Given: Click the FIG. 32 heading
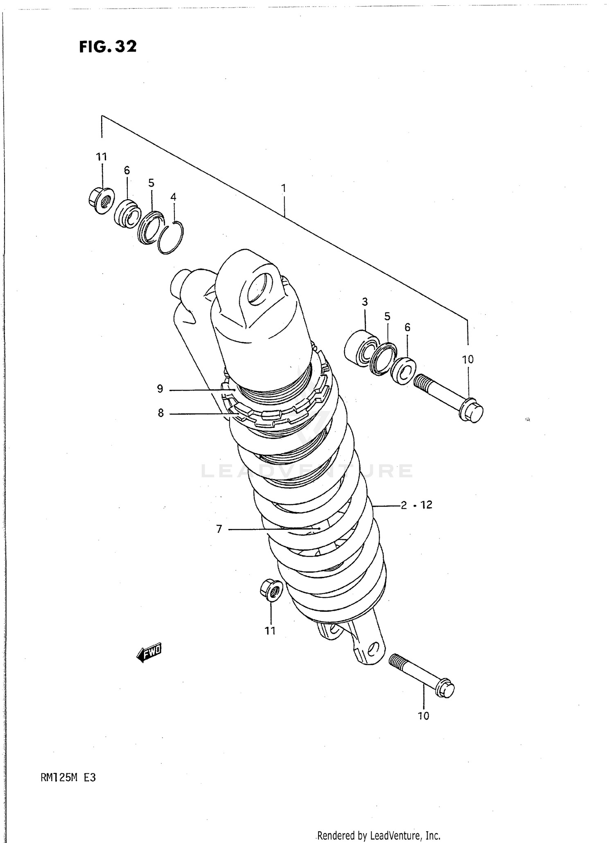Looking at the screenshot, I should [108, 46].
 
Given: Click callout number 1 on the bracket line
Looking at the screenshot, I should [283, 188].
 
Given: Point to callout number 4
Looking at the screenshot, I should [173, 197].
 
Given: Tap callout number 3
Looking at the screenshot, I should [365, 302].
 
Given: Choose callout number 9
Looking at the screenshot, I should [160, 389].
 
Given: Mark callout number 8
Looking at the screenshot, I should [160, 413].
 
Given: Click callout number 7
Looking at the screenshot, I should [219, 529].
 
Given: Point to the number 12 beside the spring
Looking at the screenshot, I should [426, 504].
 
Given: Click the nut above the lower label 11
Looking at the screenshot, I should [271, 590].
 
